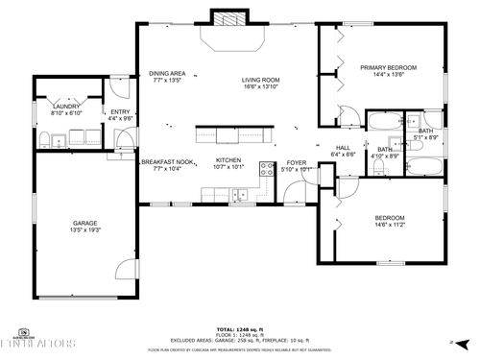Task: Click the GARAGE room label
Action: click(84, 223)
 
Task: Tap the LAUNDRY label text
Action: click(65, 107)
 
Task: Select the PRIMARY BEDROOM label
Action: click(388, 68)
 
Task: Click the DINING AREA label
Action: click(167, 74)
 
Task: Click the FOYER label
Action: click(296, 163)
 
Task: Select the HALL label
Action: click(343, 147)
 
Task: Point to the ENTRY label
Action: click(120, 112)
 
